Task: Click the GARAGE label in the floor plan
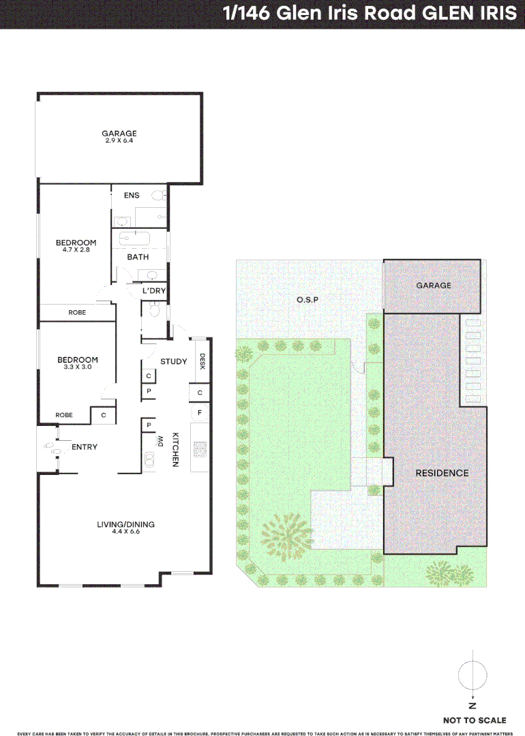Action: click(x=119, y=134)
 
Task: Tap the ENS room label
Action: click(x=132, y=196)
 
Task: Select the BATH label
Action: click(x=138, y=257)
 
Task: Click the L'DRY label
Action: click(x=153, y=291)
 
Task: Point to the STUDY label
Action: click(x=173, y=361)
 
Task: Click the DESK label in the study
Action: click(x=202, y=363)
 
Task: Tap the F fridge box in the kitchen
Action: click(x=200, y=412)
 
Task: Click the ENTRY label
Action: click(x=85, y=447)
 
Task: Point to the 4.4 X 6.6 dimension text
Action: click(x=125, y=531)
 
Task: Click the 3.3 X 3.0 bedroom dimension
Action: click(x=77, y=367)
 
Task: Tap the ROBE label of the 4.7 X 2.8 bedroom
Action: click(x=77, y=312)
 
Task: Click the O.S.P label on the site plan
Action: click(x=307, y=300)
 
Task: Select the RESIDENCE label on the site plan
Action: click(x=442, y=473)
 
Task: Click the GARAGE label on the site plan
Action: click(x=434, y=286)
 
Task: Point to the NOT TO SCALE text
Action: click(x=475, y=720)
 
